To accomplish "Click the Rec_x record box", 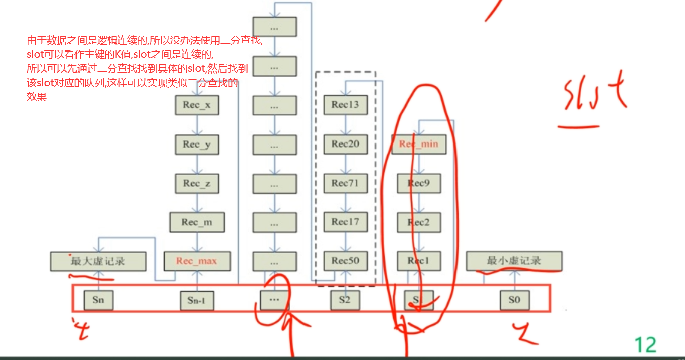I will click(197, 105).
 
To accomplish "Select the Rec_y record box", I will click(197, 145).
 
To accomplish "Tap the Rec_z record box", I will click(197, 183).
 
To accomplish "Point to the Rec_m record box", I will click(197, 222).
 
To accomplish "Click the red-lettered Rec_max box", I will click(197, 261).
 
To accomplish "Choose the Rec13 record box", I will click(345, 105).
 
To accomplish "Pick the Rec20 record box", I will click(345, 145).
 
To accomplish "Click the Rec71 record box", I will click(345, 183).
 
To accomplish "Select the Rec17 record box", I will click(345, 222).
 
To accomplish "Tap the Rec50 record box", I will click(345, 261).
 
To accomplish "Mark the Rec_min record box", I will click(419, 144).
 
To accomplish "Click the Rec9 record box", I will click(419, 183).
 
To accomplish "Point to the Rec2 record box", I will click(419, 222).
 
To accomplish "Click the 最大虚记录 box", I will click(98, 261).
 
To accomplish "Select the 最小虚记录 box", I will click(514, 261).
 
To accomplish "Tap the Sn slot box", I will click(98, 300).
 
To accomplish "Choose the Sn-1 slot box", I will click(197, 301).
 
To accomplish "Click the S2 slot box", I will click(345, 300).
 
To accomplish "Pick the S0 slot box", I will click(514, 300).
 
